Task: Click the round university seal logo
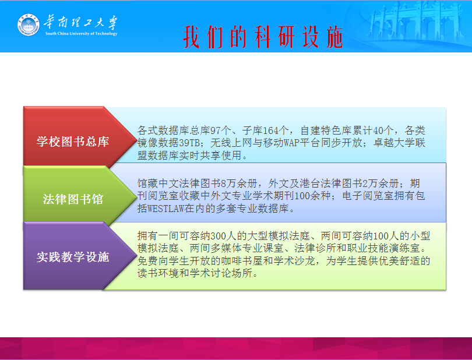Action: click(x=29, y=24)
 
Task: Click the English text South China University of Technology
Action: click(x=81, y=33)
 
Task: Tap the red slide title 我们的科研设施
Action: click(x=263, y=37)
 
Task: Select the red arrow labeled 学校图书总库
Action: click(x=80, y=136)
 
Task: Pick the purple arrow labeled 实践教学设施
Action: click(x=80, y=256)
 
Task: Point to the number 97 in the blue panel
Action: click(x=215, y=130)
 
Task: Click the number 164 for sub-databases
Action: click(x=270, y=130)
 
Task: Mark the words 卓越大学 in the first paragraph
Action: click(x=394, y=143)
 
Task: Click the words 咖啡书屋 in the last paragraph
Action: click(x=242, y=261)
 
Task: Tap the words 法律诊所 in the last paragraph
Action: click(x=315, y=248)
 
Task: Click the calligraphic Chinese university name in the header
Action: click(x=80, y=22)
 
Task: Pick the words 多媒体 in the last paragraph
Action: click(x=226, y=248)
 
